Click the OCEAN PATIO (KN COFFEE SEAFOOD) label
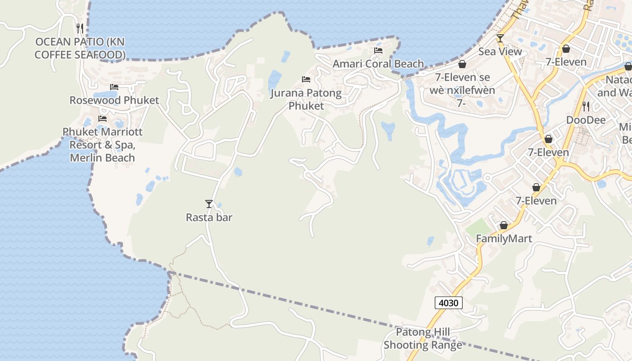pyautogui.click(x=80, y=48)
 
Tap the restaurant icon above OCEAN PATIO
pyautogui.click(x=80, y=28)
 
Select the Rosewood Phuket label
pyautogui.click(x=114, y=100)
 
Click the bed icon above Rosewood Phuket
pyautogui.click(x=114, y=87)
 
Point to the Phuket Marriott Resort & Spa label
pyautogui.click(x=102, y=144)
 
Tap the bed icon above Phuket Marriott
pyautogui.click(x=102, y=119)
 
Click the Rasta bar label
pyautogui.click(x=209, y=218)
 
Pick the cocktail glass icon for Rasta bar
pyautogui.click(x=209, y=204)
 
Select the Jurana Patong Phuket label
pyautogui.click(x=306, y=99)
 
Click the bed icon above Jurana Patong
pyautogui.click(x=306, y=80)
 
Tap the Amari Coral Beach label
pyautogui.click(x=378, y=64)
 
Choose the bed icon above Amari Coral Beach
pyautogui.click(x=378, y=51)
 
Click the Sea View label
pyautogui.click(x=500, y=51)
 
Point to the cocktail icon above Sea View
pyautogui.click(x=500, y=38)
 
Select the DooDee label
pyautogui.click(x=586, y=120)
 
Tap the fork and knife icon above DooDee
pyautogui.click(x=586, y=106)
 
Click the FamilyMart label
pyautogui.click(x=504, y=239)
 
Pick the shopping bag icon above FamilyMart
pyautogui.click(x=504, y=225)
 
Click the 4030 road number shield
pyautogui.click(x=449, y=303)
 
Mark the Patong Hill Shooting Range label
pyautogui.click(x=423, y=339)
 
